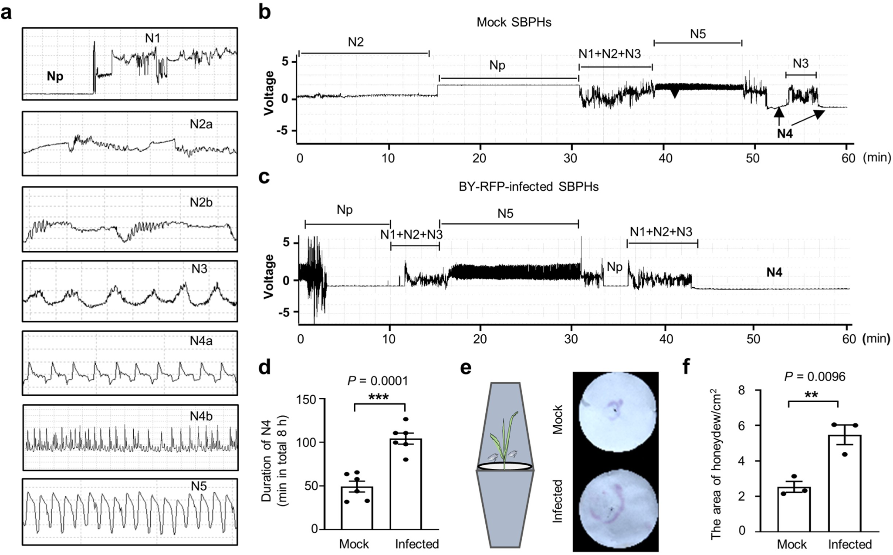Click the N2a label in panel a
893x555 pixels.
201,124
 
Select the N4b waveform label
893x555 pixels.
201,416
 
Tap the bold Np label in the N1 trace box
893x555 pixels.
55,76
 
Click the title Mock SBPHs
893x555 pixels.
514,22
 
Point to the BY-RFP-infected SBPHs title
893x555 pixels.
528,187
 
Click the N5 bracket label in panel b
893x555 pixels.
697,34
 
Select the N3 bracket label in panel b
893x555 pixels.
800,64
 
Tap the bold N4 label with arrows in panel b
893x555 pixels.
785,134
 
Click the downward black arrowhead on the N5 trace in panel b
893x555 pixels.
674,93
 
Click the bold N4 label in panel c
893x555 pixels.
774,272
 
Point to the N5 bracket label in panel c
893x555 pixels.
505,213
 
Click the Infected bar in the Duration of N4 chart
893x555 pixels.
405,483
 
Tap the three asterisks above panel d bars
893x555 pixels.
379,397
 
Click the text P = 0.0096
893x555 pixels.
815,377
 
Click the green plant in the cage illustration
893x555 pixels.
504,440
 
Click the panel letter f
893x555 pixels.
687,367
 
